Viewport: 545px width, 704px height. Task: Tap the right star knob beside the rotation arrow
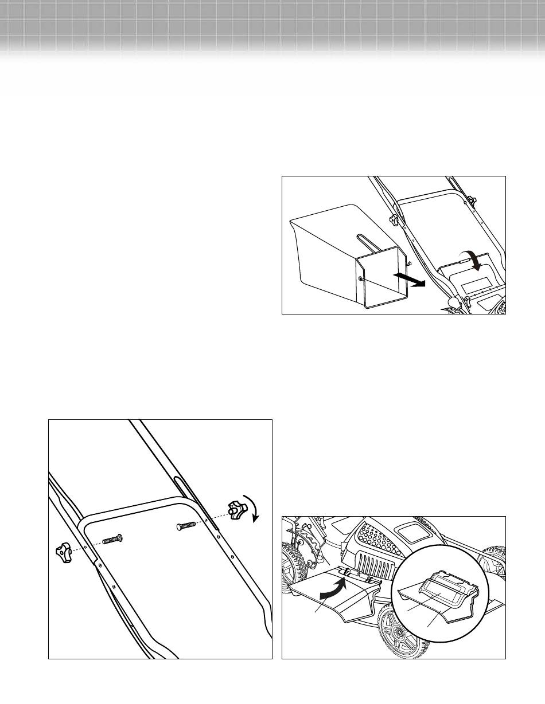(x=235, y=509)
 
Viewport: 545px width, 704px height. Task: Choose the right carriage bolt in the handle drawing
(x=187, y=524)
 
